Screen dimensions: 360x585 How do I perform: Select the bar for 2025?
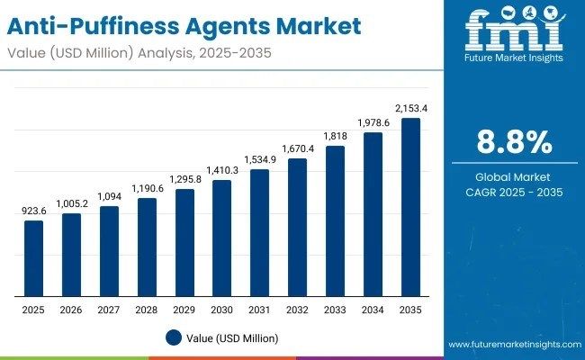[x=33, y=258]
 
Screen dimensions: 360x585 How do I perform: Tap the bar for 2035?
[x=409, y=207]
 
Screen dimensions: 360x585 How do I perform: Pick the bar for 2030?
[x=221, y=238]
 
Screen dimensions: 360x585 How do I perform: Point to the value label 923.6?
[x=33, y=210]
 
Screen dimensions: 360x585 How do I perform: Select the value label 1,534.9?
[x=259, y=159]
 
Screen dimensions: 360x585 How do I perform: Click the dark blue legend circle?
[x=173, y=337]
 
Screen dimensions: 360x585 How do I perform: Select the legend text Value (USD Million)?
[x=233, y=337]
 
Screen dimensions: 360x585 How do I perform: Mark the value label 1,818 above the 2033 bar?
[x=335, y=135]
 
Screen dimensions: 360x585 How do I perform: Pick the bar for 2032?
[x=297, y=228]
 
